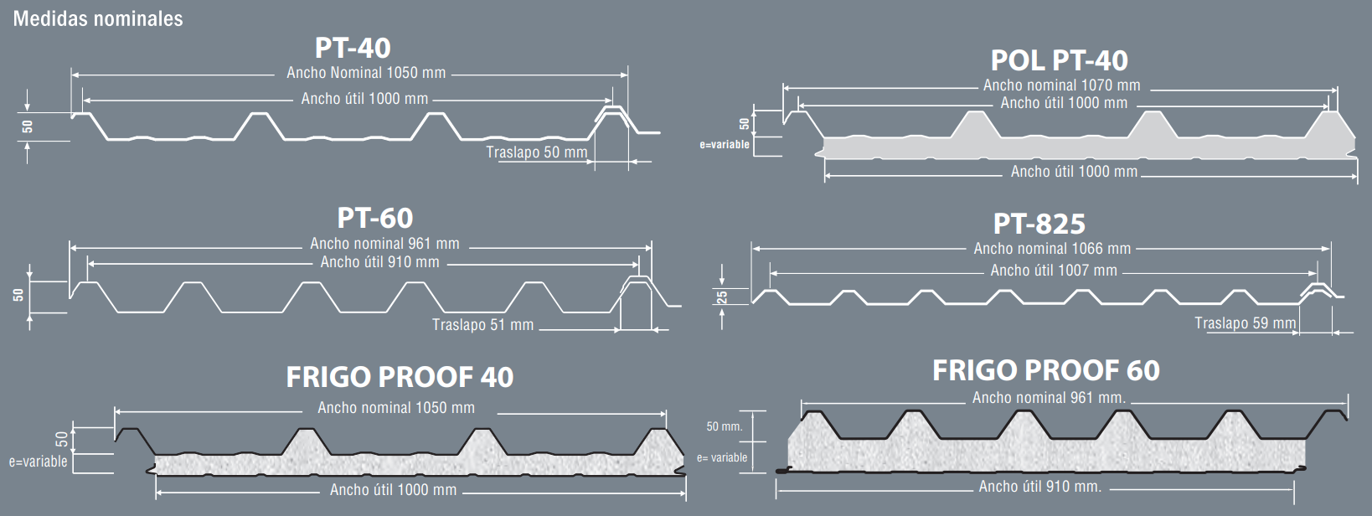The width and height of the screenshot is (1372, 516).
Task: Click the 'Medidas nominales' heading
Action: tap(98, 19)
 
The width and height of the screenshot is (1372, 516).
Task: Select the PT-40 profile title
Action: tap(353, 48)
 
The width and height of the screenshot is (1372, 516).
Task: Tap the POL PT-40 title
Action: tap(1059, 60)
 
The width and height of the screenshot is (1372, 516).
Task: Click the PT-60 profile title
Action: tap(375, 218)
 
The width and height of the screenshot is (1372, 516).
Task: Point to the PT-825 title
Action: tap(1039, 224)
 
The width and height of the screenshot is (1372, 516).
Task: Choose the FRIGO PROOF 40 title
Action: tap(400, 377)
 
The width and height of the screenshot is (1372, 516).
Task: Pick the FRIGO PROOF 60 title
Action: tap(1045, 370)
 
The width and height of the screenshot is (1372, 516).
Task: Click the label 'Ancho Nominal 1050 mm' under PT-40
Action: tap(366, 73)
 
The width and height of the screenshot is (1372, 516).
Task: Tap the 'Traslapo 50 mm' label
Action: tap(537, 152)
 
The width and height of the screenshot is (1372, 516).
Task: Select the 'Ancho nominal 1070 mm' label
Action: tap(1061, 85)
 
